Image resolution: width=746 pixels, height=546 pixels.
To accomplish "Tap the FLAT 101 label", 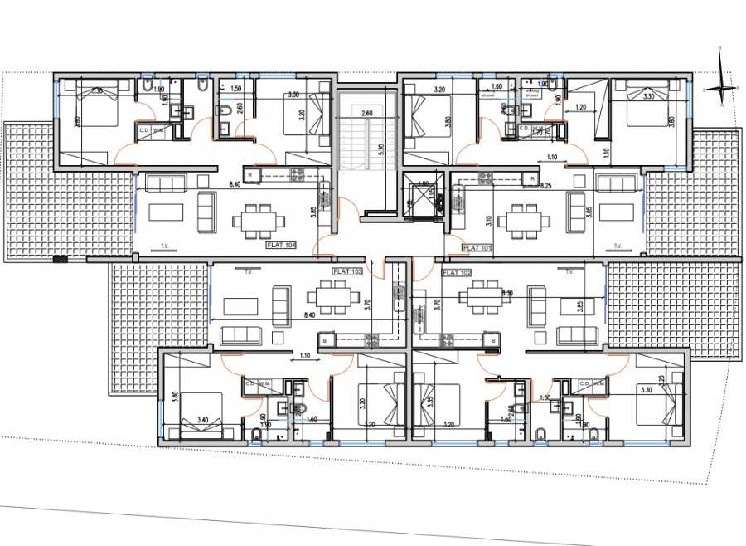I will coord(478,247).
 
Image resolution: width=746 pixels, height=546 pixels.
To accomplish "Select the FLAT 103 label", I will coord(348,271).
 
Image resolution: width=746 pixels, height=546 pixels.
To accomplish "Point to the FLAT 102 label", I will coord(458,271).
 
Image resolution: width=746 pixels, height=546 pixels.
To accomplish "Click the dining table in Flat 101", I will coord(527,218).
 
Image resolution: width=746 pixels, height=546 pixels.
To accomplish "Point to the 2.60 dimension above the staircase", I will coord(367,112).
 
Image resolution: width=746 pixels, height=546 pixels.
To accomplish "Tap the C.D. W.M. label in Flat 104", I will coord(150,130).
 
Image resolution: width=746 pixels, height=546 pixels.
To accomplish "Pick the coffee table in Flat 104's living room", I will coord(166,212).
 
